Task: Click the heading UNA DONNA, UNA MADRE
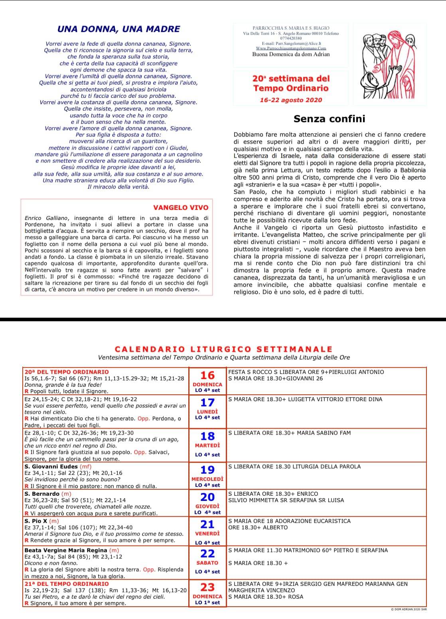point(118,29)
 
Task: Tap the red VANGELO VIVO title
point(181,208)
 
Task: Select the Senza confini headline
point(329,119)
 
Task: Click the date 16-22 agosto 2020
point(290,100)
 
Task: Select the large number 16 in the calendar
point(207,375)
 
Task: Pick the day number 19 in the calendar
point(207,470)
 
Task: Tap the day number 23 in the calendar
point(207,587)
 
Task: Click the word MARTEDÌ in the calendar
point(207,445)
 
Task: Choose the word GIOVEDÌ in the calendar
point(207,506)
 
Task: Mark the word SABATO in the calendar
point(207,563)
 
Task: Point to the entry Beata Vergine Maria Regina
point(65,550)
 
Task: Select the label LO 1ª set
point(207,603)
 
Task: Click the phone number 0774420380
point(291,38)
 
